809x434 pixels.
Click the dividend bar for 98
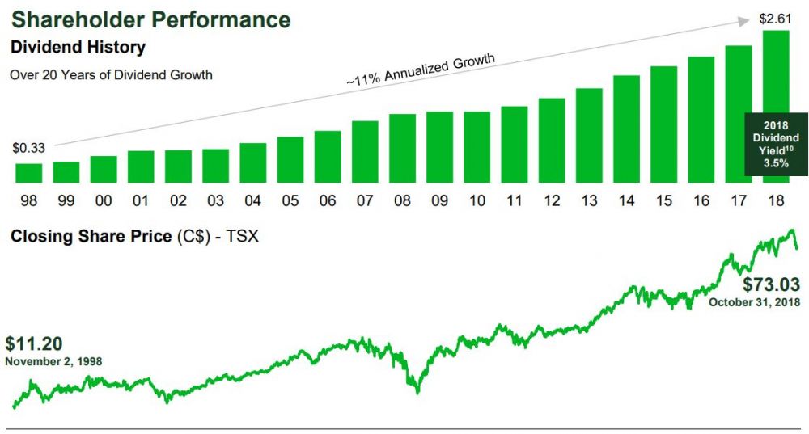point(29,173)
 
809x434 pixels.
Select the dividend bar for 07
point(365,152)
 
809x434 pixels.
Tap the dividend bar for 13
point(589,135)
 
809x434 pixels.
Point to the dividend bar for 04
point(253,162)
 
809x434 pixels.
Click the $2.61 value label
point(774,18)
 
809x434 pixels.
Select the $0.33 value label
point(28,148)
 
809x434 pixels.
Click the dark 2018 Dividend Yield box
point(776,144)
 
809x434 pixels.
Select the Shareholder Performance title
point(150,19)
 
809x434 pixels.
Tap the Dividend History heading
point(78,48)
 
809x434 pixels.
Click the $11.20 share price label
point(34,343)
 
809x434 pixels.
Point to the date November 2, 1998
point(53,360)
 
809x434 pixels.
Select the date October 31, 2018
point(754,302)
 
